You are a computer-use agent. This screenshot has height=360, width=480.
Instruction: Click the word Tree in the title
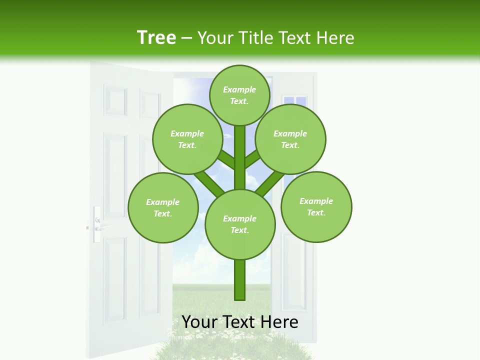[x=156, y=37]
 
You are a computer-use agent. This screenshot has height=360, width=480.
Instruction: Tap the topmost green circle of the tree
[x=239, y=95]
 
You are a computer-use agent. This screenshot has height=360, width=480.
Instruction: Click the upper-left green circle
[x=187, y=139]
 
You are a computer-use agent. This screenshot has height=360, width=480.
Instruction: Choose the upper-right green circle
[x=290, y=139]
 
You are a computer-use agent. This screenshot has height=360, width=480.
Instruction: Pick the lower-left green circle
[x=163, y=207]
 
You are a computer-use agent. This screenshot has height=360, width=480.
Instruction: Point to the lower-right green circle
[x=316, y=206]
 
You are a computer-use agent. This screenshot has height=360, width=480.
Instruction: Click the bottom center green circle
[x=240, y=224]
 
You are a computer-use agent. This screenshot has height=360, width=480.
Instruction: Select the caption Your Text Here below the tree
[x=240, y=322]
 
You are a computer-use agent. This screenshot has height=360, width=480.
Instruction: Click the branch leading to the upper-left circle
[x=226, y=158]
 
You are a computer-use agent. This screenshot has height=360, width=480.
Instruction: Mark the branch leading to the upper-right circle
[x=253, y=158]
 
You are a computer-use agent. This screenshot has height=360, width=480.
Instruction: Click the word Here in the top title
[x=335, y=38]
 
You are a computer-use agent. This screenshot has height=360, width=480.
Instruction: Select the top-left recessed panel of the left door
[x=115, y=101]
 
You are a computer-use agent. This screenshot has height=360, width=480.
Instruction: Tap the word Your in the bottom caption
[x=199, y=322]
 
